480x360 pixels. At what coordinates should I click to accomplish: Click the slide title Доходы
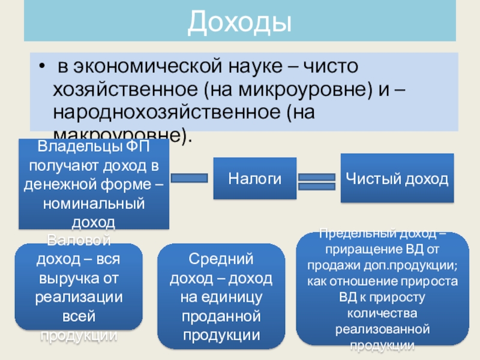[239, 22]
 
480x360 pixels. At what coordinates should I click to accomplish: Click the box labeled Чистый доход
[397, 179]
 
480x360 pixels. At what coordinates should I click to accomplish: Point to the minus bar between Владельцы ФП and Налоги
[189, 178]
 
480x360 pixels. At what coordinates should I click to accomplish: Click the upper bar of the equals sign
[316, 177]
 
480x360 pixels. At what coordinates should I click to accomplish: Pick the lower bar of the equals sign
[316, 187]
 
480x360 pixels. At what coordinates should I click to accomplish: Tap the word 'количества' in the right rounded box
[383, 313]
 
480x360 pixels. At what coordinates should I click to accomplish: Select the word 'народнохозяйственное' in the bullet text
[166, 112]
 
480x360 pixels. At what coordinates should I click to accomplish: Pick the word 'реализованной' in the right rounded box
[383, 329]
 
